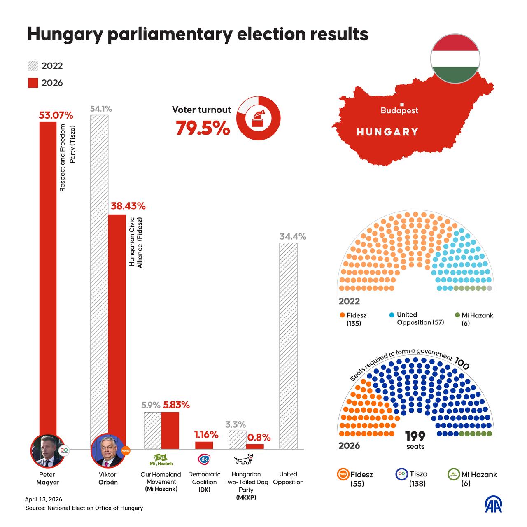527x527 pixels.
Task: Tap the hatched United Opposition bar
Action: click(288, 346)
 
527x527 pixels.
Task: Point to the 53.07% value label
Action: click(56, 115)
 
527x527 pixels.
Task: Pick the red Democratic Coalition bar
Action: click(204, 445)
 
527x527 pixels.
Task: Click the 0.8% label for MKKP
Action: click(259, 438)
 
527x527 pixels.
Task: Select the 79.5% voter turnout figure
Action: click(203, 128)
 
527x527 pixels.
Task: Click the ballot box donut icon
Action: click(259, 118)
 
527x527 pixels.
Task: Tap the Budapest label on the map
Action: click(399, 110)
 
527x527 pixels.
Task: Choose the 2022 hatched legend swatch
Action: click(33, 66)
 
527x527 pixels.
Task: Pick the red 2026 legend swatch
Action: click(33, 83)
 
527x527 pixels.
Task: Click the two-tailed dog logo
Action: click(243, 460)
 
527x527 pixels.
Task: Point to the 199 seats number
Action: click(415, 436)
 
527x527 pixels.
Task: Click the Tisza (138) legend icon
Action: click(401, 474)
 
